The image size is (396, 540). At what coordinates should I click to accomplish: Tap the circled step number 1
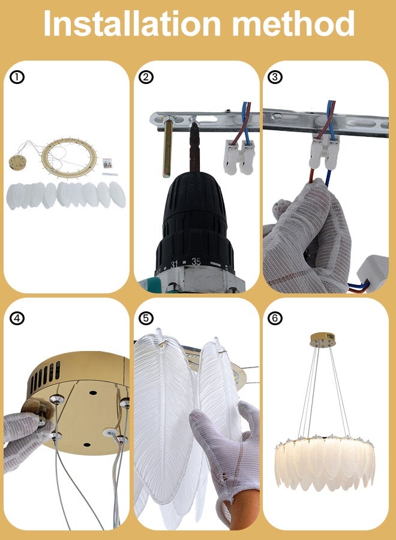pos(17,77)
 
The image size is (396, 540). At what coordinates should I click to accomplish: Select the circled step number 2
pos(146,77)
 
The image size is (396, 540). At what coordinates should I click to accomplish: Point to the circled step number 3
pos(275,77)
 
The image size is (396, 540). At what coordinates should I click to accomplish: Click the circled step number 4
pos(17,319)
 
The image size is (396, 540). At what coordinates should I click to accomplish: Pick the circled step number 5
pos(146,319)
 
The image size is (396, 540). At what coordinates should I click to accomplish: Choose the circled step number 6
pos(275,319)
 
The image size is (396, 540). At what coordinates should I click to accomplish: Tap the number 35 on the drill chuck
pos(196,262)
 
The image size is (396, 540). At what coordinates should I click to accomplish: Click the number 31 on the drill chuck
pos(174,265)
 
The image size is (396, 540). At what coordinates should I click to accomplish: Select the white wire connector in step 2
pos(239,157)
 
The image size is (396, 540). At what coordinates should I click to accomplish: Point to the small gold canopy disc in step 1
pos(17,162)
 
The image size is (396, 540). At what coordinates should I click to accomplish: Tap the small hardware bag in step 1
pos(107,163)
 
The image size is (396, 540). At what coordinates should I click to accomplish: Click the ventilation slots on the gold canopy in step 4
pos(45,376)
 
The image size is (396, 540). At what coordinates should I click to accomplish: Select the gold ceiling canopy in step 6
pos(323,340)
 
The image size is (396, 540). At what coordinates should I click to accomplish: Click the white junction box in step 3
pos(373,273)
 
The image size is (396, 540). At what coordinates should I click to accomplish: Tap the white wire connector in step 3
pos(325,152)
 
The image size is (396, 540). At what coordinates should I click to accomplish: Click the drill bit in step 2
pos(194,148)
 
